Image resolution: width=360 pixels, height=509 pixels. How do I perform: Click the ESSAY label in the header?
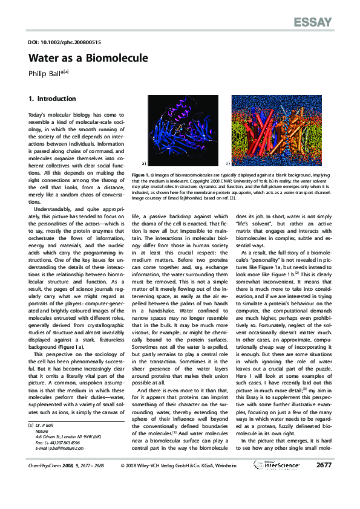[x=313, y=23]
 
